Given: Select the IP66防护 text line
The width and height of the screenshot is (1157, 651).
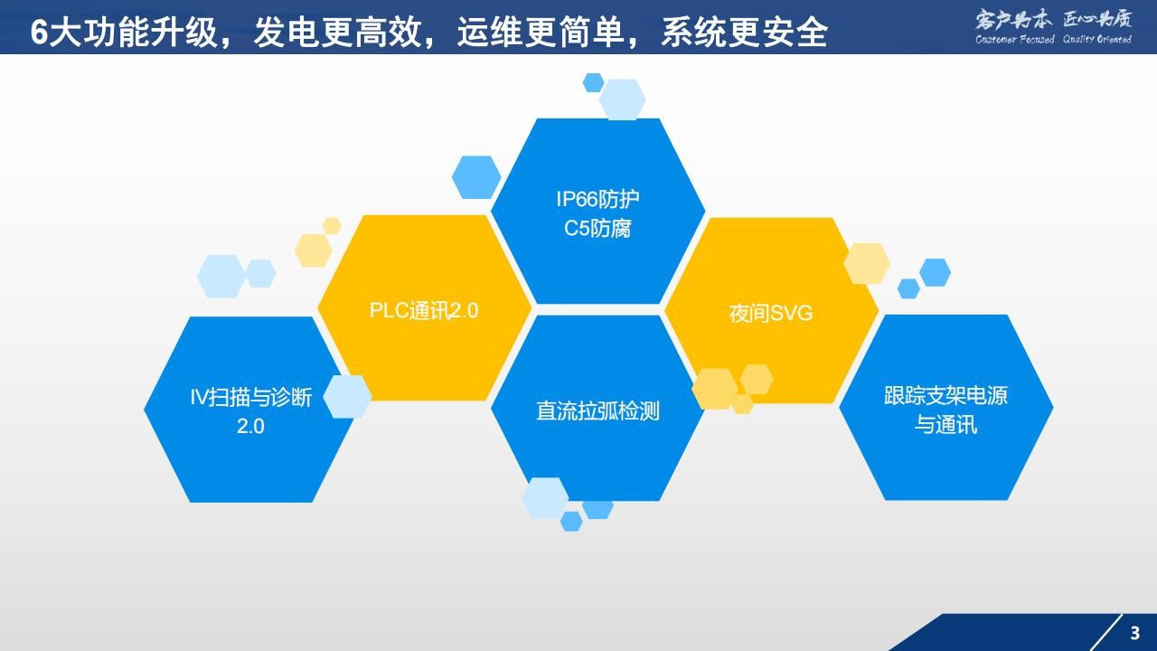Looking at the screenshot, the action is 597,199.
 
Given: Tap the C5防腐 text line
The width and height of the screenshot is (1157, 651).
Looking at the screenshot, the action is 597,229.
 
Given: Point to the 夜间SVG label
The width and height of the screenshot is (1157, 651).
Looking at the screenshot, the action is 771,313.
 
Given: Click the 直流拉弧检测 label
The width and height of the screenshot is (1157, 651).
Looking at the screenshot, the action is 597,411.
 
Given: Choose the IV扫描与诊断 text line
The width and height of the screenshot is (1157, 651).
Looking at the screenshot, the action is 251,398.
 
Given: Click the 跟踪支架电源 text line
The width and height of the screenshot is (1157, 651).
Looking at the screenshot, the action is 945,396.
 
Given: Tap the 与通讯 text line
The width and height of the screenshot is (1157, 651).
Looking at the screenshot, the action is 945,425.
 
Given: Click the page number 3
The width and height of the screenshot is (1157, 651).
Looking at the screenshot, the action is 1134,633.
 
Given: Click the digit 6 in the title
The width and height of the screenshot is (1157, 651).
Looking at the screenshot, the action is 39,32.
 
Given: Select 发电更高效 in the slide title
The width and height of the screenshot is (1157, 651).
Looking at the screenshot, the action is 337,32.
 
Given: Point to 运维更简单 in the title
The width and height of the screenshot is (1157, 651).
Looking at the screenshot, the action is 541,32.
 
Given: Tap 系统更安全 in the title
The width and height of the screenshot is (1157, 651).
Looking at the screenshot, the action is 744,32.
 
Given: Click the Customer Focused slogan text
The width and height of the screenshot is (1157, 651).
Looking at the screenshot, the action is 1014,39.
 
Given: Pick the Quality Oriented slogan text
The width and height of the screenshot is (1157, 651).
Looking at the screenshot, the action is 1097,39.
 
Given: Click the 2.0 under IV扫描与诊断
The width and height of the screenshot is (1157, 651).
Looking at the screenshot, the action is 250,427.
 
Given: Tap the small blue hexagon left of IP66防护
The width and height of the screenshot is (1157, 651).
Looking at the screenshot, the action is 476,177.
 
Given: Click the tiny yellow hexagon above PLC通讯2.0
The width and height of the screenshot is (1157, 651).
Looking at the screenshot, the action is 332,226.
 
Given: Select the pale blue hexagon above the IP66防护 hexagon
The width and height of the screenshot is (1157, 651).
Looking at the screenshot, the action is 622,99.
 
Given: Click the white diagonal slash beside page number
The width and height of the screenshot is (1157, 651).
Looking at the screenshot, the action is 1105,632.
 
